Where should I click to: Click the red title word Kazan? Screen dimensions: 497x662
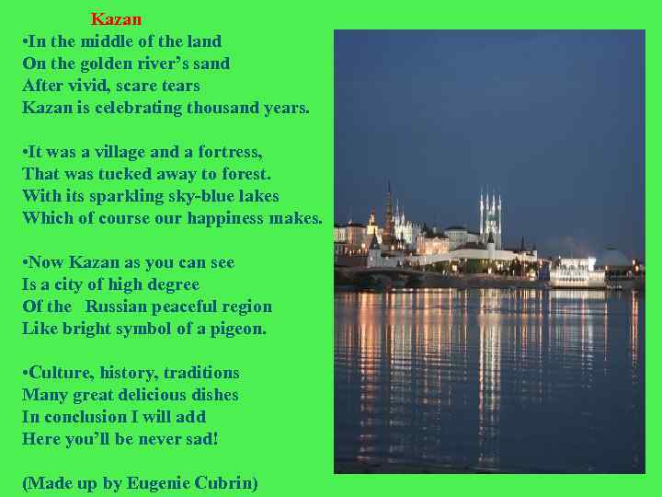click(116, 18)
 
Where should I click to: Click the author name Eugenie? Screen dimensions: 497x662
click(157, 483)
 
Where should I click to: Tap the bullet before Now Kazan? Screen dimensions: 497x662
click(26, 262)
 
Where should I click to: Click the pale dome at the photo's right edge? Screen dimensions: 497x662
click(613, 258)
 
